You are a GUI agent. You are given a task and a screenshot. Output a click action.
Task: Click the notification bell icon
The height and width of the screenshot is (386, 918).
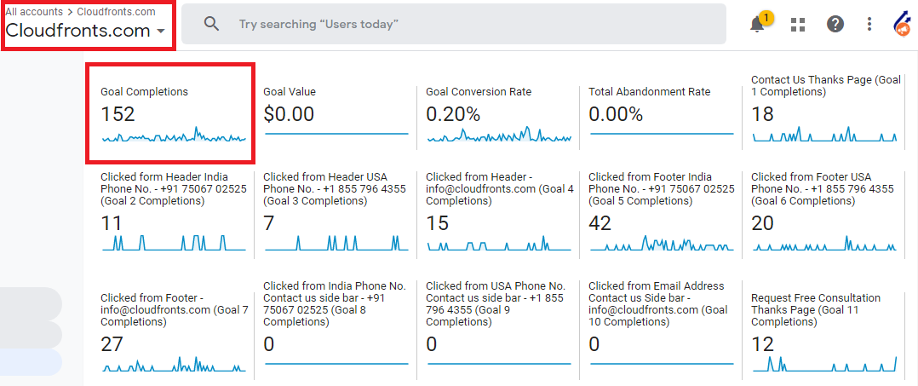point(757,25)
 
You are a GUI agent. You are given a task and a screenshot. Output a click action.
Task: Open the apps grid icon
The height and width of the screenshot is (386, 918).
point(797,24)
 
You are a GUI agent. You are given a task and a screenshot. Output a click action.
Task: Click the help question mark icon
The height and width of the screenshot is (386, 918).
point(835,24)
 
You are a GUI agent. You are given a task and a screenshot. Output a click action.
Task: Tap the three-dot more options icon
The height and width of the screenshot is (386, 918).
point(869,24)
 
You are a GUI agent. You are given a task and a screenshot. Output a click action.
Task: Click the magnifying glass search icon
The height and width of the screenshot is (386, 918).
point(211,24)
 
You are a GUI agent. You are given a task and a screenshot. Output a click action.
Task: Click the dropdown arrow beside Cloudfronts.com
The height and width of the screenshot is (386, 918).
point(161,32)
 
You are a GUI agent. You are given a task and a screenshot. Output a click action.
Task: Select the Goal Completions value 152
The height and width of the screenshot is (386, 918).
point(118,114)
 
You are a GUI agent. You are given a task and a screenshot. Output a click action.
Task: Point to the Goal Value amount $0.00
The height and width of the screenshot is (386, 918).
point(289,114)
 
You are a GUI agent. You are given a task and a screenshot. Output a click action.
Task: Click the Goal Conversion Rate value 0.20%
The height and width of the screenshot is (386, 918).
point(453,114)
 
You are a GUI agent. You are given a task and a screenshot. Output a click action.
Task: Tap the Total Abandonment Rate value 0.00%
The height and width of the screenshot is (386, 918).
point(616,114)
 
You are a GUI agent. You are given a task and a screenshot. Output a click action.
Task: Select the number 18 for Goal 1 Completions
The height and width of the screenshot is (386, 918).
point(762,114)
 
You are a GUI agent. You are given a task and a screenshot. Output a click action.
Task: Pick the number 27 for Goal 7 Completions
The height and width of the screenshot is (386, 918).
point(112,344)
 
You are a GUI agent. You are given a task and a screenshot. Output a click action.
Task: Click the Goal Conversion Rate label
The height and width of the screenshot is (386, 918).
point(479,91)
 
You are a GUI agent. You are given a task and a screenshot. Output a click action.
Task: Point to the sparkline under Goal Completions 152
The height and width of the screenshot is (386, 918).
point(174,136)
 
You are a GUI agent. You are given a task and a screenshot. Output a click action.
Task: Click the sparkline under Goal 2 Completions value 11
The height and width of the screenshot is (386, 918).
point(174,244)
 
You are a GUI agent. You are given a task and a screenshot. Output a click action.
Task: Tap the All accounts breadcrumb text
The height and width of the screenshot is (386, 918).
point(34,12)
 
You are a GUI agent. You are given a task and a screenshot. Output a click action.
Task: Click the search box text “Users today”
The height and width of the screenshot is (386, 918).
point(318,24)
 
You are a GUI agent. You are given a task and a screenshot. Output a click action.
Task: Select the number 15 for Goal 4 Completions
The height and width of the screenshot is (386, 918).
point(437,223)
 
